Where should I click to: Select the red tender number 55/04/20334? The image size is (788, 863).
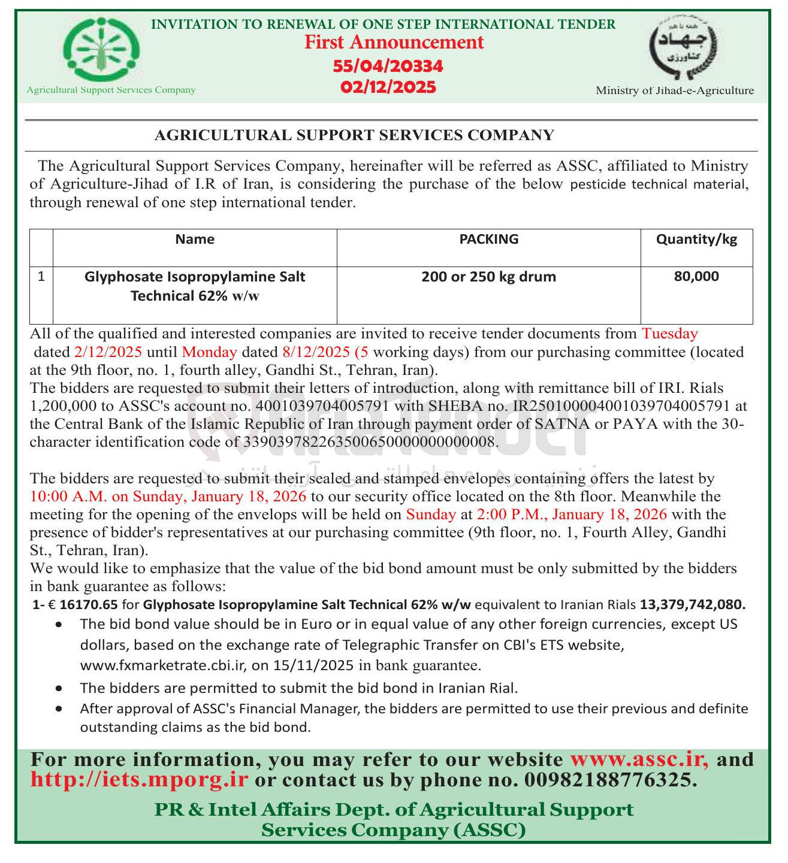388,66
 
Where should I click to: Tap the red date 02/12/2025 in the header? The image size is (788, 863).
388,87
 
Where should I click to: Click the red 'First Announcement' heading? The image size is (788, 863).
394,43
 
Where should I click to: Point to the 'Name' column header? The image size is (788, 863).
195,240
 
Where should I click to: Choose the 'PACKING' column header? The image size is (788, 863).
488,240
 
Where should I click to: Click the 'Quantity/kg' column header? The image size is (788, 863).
696,240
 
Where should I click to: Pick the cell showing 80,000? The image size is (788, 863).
696,277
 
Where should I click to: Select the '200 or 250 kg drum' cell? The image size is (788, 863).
488,277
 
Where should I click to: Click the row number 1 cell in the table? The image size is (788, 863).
41,277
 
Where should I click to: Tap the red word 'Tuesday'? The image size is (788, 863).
669,334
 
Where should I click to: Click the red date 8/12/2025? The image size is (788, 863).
315,352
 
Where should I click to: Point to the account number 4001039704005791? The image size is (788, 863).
322,406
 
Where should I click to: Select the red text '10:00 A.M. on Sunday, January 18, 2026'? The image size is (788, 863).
168,496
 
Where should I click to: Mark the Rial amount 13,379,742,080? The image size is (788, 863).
693,605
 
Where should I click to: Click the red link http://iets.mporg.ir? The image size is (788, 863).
138,780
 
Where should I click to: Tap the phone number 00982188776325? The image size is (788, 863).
610,780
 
